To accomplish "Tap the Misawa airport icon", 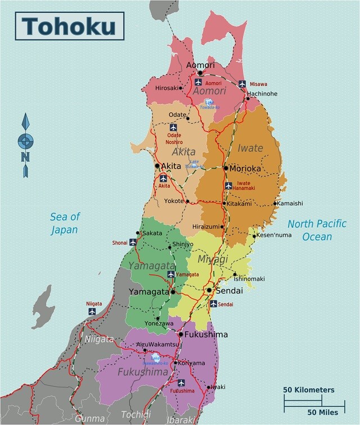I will click(x=242, y=84).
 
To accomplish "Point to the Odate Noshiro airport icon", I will click(x=173, y=128).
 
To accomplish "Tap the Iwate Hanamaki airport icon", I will click(x=228, y=186).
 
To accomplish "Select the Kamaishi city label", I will click(x=291, y=203).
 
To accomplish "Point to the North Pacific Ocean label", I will click(x=317, y=229).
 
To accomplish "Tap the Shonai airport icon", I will click(x=133, y=242).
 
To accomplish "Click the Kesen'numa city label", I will click(x=274, y=235).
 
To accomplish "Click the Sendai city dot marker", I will click(x=209, y=291).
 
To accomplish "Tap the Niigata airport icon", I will click(x=92, y=311).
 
